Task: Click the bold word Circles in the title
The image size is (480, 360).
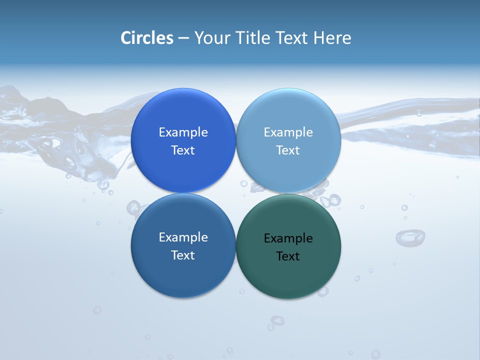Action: (x=146, y=38)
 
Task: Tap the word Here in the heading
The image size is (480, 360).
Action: (x=332, y=38)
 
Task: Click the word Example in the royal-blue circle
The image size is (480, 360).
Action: (x=183, y=132)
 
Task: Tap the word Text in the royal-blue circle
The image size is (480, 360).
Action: (x=183, y=150)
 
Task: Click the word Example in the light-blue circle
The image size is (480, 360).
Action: (x=288, y=132)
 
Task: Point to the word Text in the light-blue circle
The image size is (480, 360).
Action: (x=288, y=150)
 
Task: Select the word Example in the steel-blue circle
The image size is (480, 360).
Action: (x=183, y=237)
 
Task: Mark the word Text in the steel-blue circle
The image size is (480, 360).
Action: (x=183, y=255)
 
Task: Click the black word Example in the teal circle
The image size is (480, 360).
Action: (x=288, y=238)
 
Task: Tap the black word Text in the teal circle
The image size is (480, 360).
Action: (x=288, y=256)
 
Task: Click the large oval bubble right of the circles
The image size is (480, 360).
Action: (x=410, y=237)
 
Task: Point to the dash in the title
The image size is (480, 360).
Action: (x=183, y=38)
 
